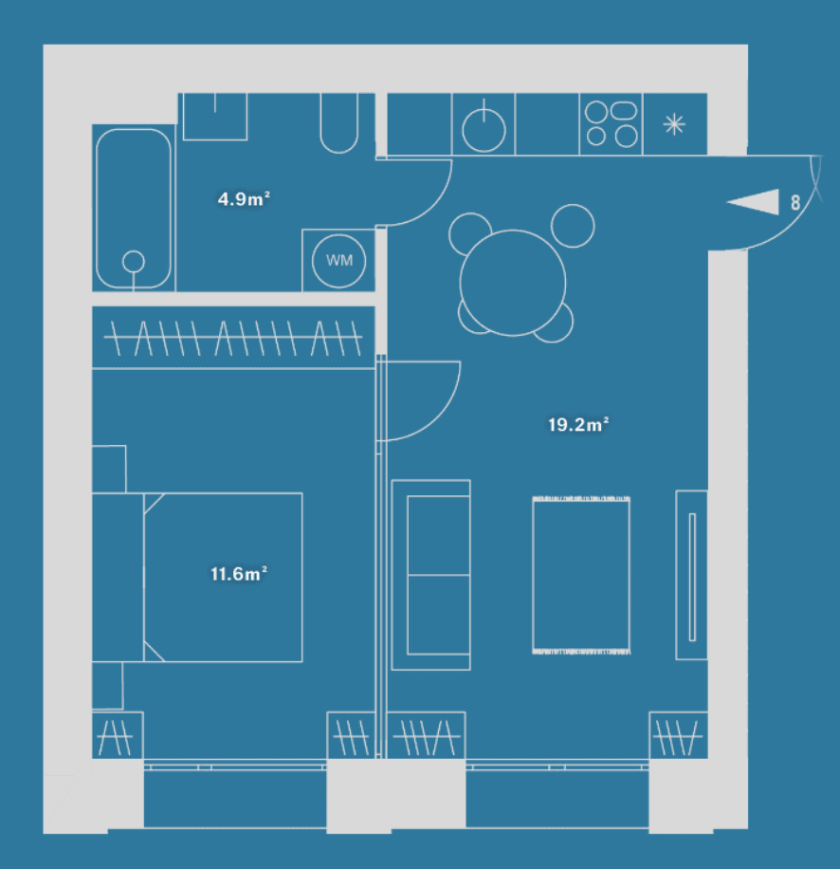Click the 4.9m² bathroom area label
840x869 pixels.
pyautogui.click(x=244, y=198)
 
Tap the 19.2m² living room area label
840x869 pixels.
pyautogui.click(x=578, y=424)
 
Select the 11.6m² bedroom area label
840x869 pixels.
pyautogui.click(x=239, y=573)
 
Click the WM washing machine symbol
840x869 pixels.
pyautogui.click(x=338, y=261)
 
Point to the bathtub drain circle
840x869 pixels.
pyautogui.click(x=134, y=262)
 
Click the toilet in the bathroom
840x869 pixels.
pyautogui.click(x=338, y=123)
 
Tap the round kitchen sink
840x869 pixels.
pyautogui.click(x=484, y=131)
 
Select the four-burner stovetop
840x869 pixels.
pyautogui.click(x=612, y=124)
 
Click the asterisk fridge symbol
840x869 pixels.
pyautogui.click(x=674, y=124)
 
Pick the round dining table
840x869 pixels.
pyautogui.click(x=513, y=283)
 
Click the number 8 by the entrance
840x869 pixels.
pyautogui.click(x=795, y=202)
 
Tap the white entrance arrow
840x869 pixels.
pyautogui.click(x=753, y=202)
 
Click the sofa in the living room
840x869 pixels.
pyautogui.click(x=430, y=575)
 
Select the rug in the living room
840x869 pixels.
pyautogui.click(x=581, y=575)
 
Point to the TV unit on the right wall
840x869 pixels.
pyautogui.click(x=691, y=575)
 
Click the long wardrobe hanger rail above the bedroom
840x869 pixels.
pyautogui.click(x=233, y=337)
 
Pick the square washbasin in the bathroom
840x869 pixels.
pyautogui.click(x=215, y=117)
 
